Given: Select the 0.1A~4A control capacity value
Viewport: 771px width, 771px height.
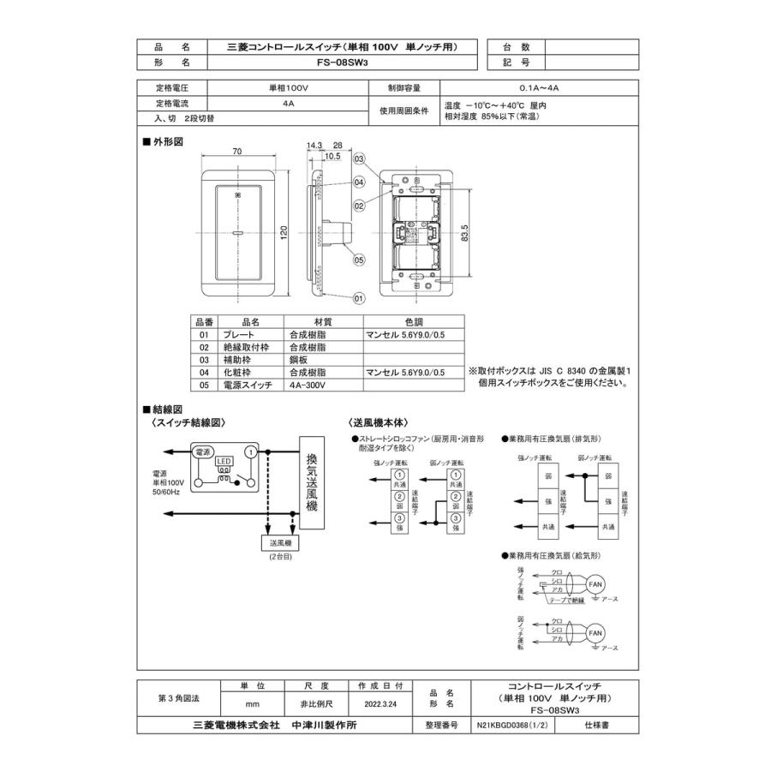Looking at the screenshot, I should point(539,87).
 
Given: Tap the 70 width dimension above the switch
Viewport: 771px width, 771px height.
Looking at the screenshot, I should point(237,151).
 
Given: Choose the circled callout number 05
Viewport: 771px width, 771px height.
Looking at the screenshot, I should point(359,260).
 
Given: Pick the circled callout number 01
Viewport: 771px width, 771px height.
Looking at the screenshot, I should point(359,297).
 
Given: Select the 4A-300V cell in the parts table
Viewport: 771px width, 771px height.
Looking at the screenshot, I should point(308,385).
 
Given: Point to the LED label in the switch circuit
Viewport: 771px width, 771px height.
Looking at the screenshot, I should point(224,462).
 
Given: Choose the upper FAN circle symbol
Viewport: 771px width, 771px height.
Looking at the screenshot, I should point(596,585).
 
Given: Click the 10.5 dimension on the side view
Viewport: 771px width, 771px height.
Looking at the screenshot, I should point(333,157).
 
